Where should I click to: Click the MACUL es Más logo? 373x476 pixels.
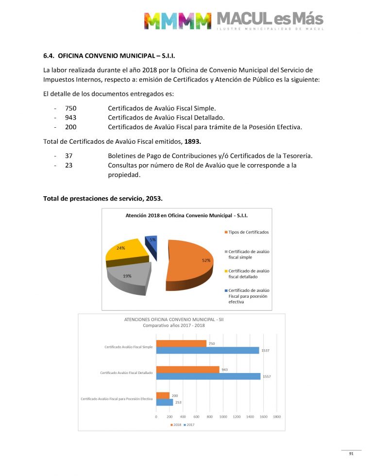[x=233, y=20]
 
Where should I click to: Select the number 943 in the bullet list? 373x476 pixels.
[x=71, y=118]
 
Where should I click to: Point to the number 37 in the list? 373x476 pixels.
[x=68, y=155]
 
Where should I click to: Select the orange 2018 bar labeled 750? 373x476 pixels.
[x=181, y=344]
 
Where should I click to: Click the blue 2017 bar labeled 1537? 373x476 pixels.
[x=207, y=350]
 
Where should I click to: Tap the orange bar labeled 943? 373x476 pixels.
[x=187, y=370]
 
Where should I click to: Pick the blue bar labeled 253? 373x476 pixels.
[x=165, y=402]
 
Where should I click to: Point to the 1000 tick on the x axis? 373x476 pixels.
[x=223, y=417]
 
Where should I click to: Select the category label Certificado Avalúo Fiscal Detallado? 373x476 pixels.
[x=126, y=373]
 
